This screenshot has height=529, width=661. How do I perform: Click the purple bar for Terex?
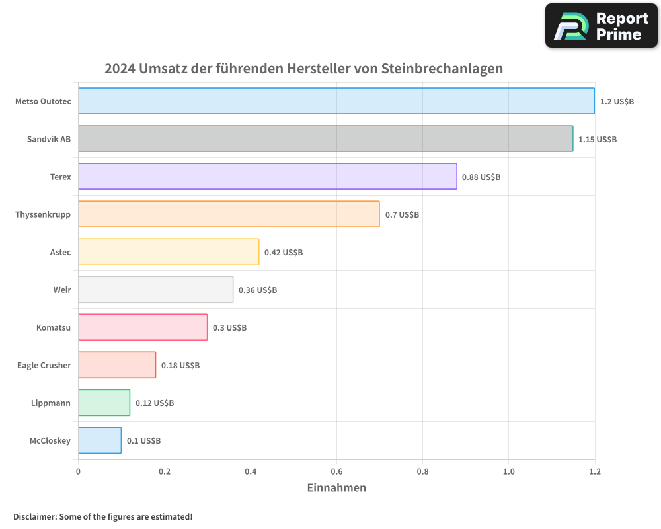[267, 177]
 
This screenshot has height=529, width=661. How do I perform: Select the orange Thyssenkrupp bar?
[229, 214]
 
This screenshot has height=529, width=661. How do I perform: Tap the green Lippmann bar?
[104, 403]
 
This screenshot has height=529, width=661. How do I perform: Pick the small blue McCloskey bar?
[100, 440]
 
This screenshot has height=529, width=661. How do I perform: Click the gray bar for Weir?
[155, 290]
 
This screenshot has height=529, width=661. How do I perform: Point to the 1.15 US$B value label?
[597, 140]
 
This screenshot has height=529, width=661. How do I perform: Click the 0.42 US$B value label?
[284, 253]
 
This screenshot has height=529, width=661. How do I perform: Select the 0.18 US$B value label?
[180, 366]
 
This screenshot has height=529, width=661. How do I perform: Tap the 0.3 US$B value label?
[229, 328]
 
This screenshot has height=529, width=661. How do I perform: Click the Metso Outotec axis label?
[43, 101]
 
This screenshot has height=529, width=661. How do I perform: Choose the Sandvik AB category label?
[49, 139]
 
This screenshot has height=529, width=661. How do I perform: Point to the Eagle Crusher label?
[44, 365]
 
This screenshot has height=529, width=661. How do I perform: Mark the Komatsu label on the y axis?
[54, 327]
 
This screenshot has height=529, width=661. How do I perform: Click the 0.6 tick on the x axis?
[336, 471]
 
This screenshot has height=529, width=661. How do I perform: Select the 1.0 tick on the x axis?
[508, 471]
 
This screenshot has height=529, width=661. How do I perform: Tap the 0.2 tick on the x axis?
[165, 471]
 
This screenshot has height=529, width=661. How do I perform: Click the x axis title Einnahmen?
[336, 488]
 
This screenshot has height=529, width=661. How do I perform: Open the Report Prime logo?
[602, 26]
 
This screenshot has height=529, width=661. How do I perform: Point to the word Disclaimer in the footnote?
[34, 516]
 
